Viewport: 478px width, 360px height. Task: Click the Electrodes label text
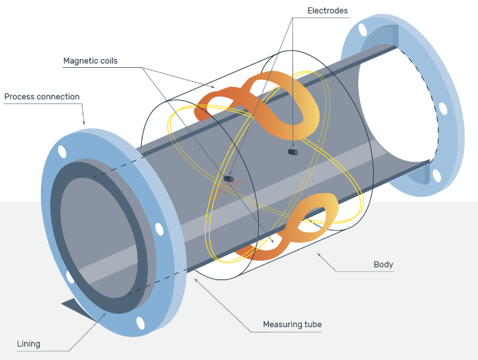click(327, 11)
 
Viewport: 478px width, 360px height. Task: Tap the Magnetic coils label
click(90, 61)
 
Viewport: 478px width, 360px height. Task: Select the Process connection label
click(42, 97)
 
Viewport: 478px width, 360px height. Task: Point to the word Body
click(383, 265)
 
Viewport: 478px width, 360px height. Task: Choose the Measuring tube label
click(292, 324)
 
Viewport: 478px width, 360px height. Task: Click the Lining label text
click(28, 344)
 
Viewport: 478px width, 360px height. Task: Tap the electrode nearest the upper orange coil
click(292, 152)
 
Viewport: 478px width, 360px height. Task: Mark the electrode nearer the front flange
click(230, 179)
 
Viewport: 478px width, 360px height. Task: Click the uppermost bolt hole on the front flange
click(62, 151)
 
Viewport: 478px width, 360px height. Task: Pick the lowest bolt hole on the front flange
click(140, 323)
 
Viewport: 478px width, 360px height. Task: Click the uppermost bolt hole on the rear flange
click(363, 30)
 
